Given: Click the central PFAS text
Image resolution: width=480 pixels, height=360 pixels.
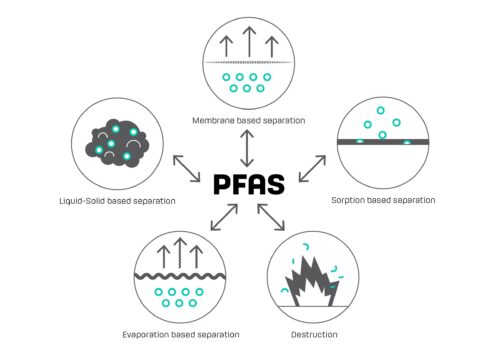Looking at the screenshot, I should tap(246, 184).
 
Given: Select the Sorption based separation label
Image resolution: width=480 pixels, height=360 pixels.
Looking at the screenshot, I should tap(382, 200).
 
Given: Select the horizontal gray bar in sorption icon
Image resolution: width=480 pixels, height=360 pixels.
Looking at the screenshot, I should tap(383, 142).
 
